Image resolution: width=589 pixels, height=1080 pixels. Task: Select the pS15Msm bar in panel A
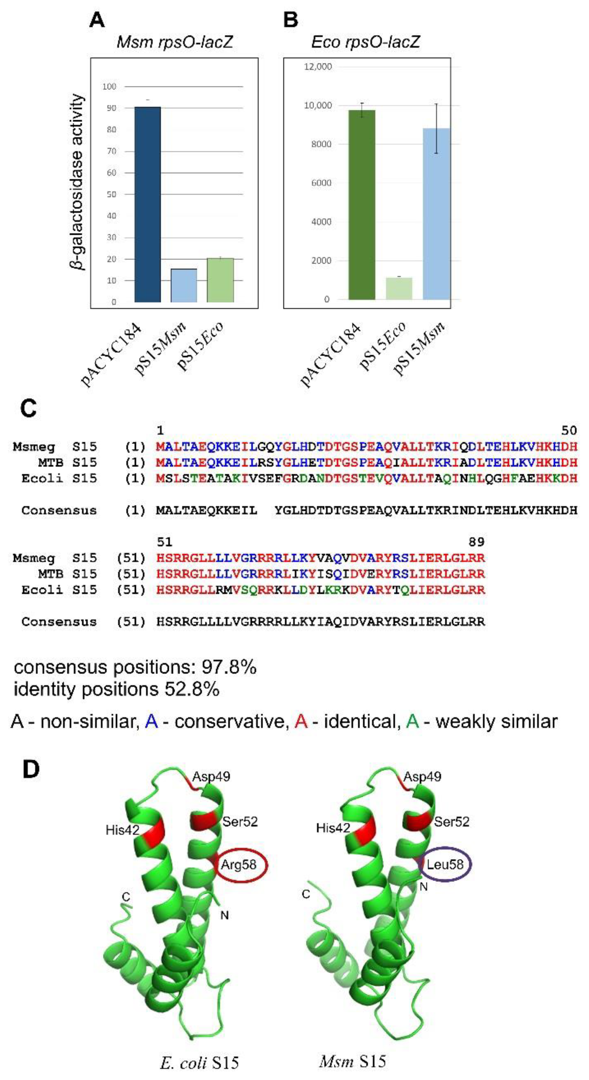(183, 285)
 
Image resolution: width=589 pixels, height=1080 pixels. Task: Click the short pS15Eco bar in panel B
(399, 288)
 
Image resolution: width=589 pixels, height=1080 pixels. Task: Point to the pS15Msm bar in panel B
(437, 214)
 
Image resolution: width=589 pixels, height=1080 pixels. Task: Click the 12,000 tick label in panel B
(318, 67)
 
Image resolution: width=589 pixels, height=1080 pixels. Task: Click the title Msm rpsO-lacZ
(174, 42)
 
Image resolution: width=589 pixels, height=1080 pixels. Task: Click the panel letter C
(28, 408)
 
